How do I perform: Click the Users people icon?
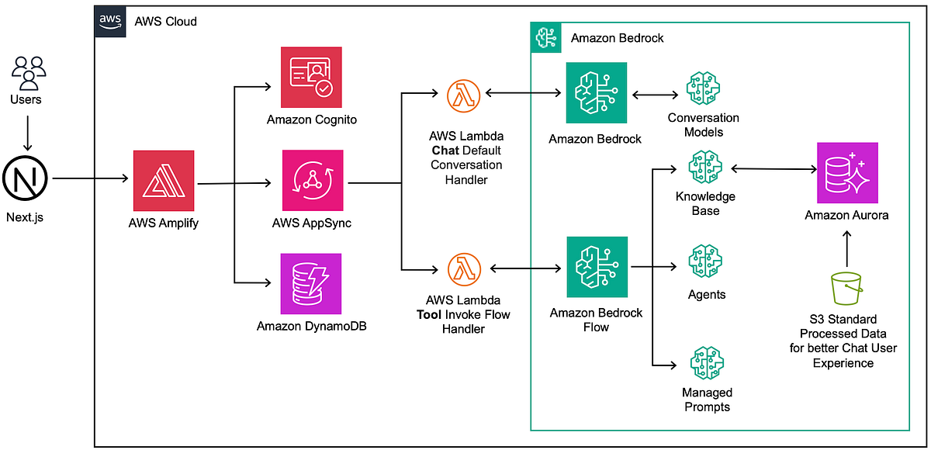click(29, 73)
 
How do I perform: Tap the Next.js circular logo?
click(25, 179)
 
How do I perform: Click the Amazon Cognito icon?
click(311, 77)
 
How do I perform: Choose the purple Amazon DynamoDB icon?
click(311, 283)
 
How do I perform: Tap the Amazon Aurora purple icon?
click(846, 173)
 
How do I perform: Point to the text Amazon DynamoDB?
click(311, 327)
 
